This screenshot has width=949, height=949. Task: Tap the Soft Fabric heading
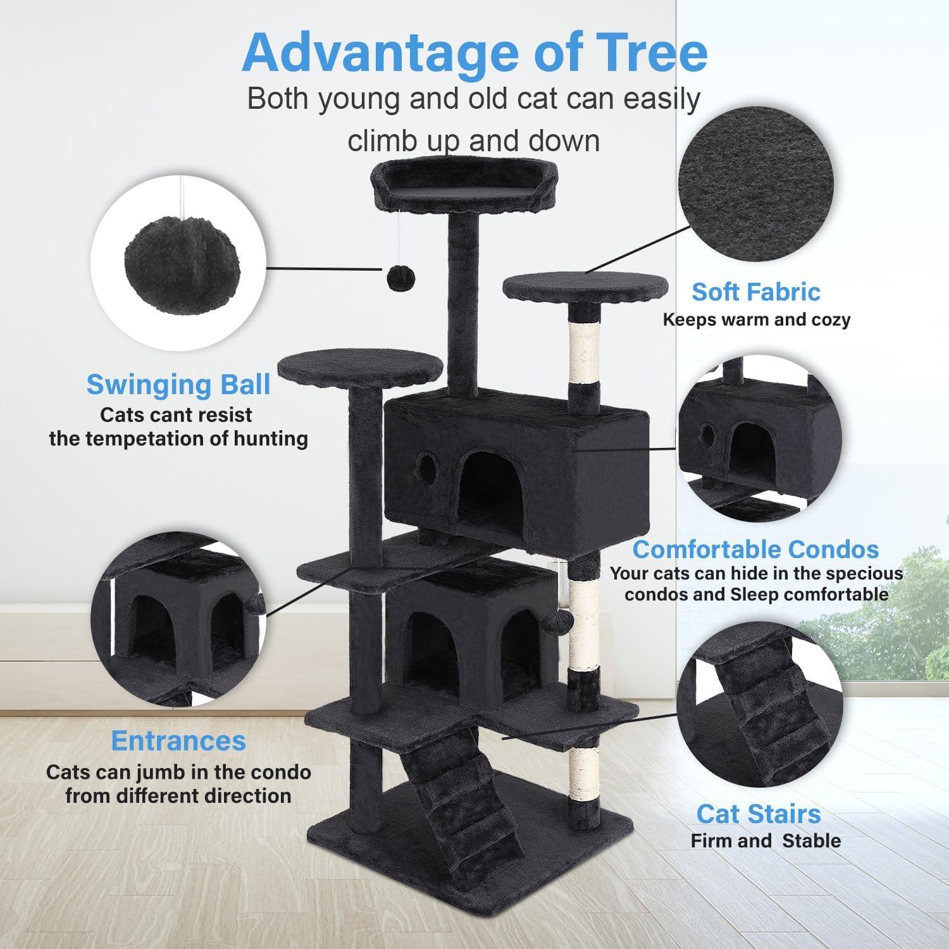[755, 292]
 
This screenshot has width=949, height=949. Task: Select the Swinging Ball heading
[178, 384]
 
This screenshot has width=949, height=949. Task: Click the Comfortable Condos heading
[755, 549]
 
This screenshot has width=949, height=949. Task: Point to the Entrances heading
[178, 740]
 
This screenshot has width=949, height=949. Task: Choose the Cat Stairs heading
[759, 814]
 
